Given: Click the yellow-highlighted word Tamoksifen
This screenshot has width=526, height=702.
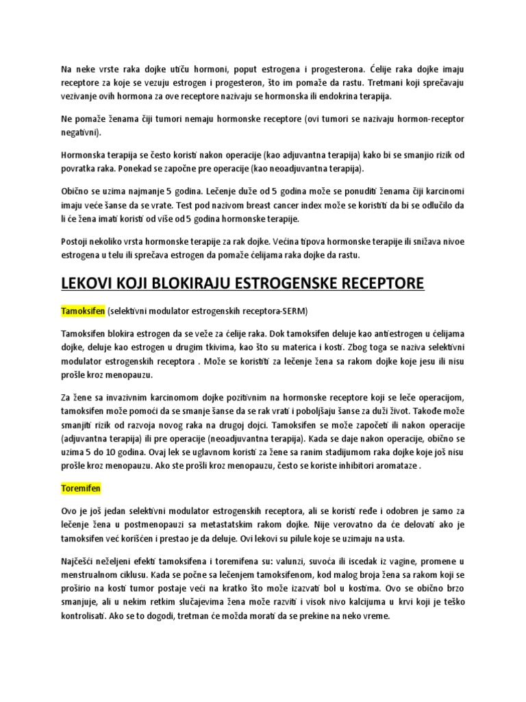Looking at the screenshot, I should coord(82,311).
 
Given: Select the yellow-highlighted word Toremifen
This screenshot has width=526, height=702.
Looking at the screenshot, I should coord(80,487).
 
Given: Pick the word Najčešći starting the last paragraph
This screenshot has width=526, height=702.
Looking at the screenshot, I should coord(81,561).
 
